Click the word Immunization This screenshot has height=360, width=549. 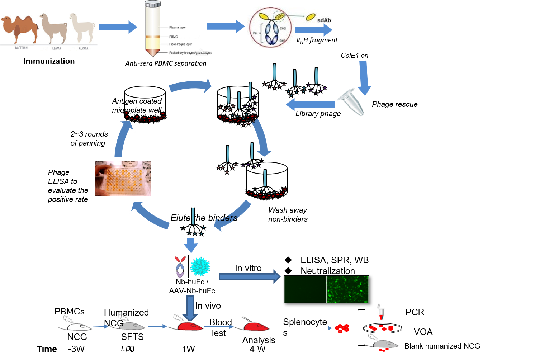point(49,61)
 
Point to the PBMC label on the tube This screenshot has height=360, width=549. point(174,37)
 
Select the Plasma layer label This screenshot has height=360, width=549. point(178,27)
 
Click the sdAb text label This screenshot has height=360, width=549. point(324,20)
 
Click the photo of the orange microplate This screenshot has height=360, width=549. point(123,179)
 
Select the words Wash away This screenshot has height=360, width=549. point(288,210)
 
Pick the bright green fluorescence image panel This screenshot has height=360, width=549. point(347,289)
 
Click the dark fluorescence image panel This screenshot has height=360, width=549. point(305,289)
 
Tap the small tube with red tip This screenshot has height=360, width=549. point(382,312)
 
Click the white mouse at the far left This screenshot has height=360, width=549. point(75,326)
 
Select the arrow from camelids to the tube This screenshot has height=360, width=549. point(118,27)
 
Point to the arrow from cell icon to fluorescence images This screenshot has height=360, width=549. point(250,276)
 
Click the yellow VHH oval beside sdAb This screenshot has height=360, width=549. point(311,17)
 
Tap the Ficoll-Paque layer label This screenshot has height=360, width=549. point(180,44)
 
